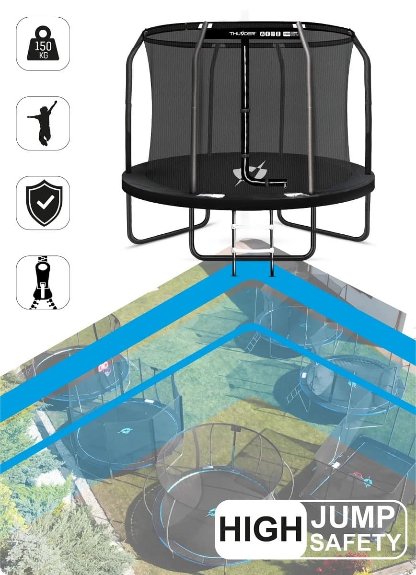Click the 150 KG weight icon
pyautogui.click(x=43, y=44)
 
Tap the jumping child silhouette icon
pyautogui.click(x=43, y=123)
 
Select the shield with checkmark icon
pyautogui.click(x=43, y=203)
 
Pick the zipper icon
pyautogui.click(x=43, y=282)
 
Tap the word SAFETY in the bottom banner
pyautogui.click(x=355, y=541)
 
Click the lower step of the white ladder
pyautogui.click(x=253, y=250)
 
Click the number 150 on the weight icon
pyautogui.click(x=43, y=46)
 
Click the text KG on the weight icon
pyautogui.click(x=43, y=56)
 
